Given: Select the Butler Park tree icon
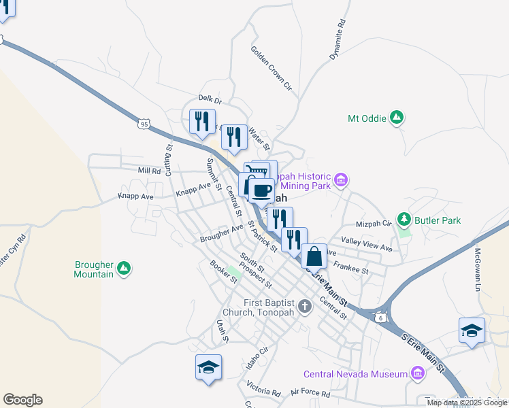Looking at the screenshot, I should click(405, 220).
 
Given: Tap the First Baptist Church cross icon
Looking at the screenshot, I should click(304, 306).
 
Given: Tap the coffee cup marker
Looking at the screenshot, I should click(261, 190).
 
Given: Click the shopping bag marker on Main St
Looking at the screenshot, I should click(314, 256).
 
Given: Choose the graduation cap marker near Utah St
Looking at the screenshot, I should click(208, 367).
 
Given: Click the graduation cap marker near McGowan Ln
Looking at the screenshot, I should click(472, 330).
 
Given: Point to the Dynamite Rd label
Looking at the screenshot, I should click(338, 40).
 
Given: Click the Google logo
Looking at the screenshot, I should click(22, 400).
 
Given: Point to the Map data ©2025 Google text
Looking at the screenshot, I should click(467, 403).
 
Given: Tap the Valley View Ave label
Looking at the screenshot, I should click(367, 245).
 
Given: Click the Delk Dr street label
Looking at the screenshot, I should click(210, 99).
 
